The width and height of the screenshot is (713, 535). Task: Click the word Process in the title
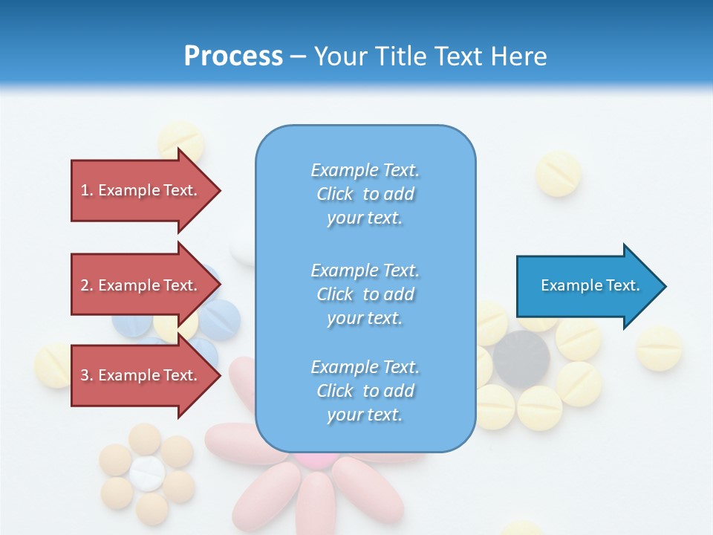[x=233, y=56]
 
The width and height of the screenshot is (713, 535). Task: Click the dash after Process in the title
[x=298, y=56]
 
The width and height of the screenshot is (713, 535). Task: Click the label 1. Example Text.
[x=139, y=190]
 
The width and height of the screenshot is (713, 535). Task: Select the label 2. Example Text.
[x=139, y=285]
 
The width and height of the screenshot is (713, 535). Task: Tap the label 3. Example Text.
[x=139, y=375]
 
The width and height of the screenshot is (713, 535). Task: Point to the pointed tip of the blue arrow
[x=665, y=286]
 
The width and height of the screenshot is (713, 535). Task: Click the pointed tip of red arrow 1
[x=221, y=190]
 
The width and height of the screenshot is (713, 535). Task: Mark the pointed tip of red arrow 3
[x=221, y=375]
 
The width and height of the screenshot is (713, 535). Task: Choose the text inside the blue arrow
[x=590, y=285]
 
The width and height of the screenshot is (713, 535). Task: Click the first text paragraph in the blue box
[x=365, y=194]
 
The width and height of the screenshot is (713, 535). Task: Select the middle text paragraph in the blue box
[x=365, y=294]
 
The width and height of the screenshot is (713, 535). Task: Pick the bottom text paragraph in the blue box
[x=365, y=391]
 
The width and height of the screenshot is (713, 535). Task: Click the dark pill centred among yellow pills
[x=521, y=359]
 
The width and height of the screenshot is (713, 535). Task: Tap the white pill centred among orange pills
[x=147, y=473]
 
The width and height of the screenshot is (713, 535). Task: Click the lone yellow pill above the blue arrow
[x=558, y=174]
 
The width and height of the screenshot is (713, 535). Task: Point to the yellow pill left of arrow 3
[x=54, y=365]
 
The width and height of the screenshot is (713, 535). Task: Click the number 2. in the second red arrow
[x=87, y=285]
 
